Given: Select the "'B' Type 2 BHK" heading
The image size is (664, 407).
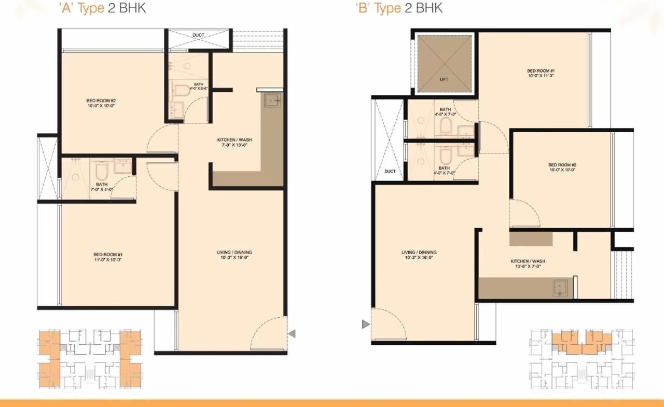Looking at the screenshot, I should click(399, 9).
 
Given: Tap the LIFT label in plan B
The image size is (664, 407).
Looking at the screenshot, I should click(444, 79).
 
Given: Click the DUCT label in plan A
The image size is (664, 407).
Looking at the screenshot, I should click(198, 35).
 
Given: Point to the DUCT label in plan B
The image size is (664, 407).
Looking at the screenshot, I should click(390, 171).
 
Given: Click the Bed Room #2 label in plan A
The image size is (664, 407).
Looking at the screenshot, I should click(101, 103).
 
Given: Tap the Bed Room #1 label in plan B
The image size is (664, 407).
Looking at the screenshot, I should click(541, 73).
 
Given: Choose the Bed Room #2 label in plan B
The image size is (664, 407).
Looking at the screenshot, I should click(562, 167).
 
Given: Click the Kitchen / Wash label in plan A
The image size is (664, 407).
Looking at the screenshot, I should click(234, 143).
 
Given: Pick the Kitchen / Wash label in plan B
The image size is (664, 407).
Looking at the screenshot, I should click(528, 263).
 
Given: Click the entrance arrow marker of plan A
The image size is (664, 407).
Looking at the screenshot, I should click(292, 334).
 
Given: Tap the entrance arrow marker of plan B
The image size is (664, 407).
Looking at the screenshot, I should click(366, 325).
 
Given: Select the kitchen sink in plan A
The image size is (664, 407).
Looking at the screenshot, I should click(273, 100).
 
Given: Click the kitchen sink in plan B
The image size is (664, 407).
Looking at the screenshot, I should click(560, 288).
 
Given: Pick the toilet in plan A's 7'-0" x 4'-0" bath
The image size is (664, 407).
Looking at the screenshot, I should click(101, 171).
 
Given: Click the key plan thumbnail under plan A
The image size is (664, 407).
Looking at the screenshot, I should click(90, 359).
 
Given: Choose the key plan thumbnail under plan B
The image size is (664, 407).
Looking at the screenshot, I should click(581, 359).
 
